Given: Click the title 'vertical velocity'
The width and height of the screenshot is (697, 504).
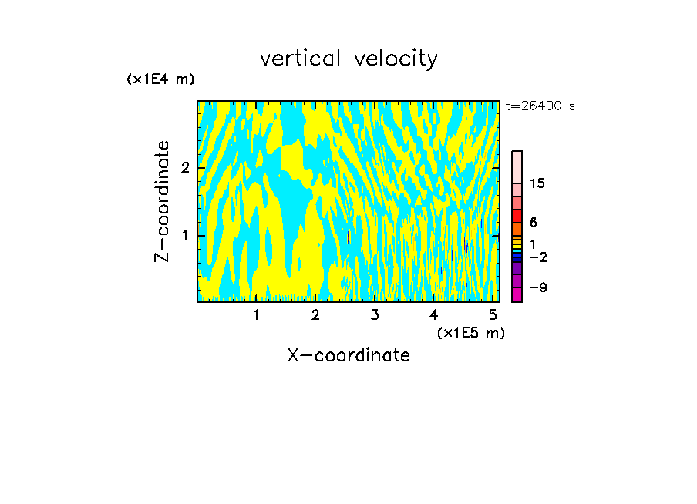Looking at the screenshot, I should click(x=348, y=59).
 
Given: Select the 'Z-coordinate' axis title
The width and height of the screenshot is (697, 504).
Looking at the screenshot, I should click(x=162, y=201).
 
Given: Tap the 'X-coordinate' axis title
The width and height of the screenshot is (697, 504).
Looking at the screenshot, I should click(x=348, y=355).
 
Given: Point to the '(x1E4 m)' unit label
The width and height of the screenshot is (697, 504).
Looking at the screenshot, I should click(x=160, y=79).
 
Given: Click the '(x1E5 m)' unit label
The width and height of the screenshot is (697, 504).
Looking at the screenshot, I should click(x=470, y=332).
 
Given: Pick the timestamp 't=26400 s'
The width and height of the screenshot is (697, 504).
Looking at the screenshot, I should click(x=540, y=106).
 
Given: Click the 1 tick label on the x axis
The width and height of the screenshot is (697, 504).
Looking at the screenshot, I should click(x=256, y=314).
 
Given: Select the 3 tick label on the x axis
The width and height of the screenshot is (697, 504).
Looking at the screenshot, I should click(x=375, y=314).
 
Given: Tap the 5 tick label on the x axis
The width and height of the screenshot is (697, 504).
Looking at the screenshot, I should click(x=493, y=314).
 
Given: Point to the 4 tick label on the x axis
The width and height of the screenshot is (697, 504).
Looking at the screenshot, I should click(x=433, y=314).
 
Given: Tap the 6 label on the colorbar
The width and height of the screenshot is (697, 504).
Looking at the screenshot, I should click(x=533, y=223).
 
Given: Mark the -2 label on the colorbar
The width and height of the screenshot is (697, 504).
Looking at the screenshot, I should click(x=537, y=257).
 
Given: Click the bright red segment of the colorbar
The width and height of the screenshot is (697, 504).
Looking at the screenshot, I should click(x=517, y=216).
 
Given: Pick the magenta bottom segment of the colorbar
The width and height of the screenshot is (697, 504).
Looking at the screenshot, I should click(x=517, y=294).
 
